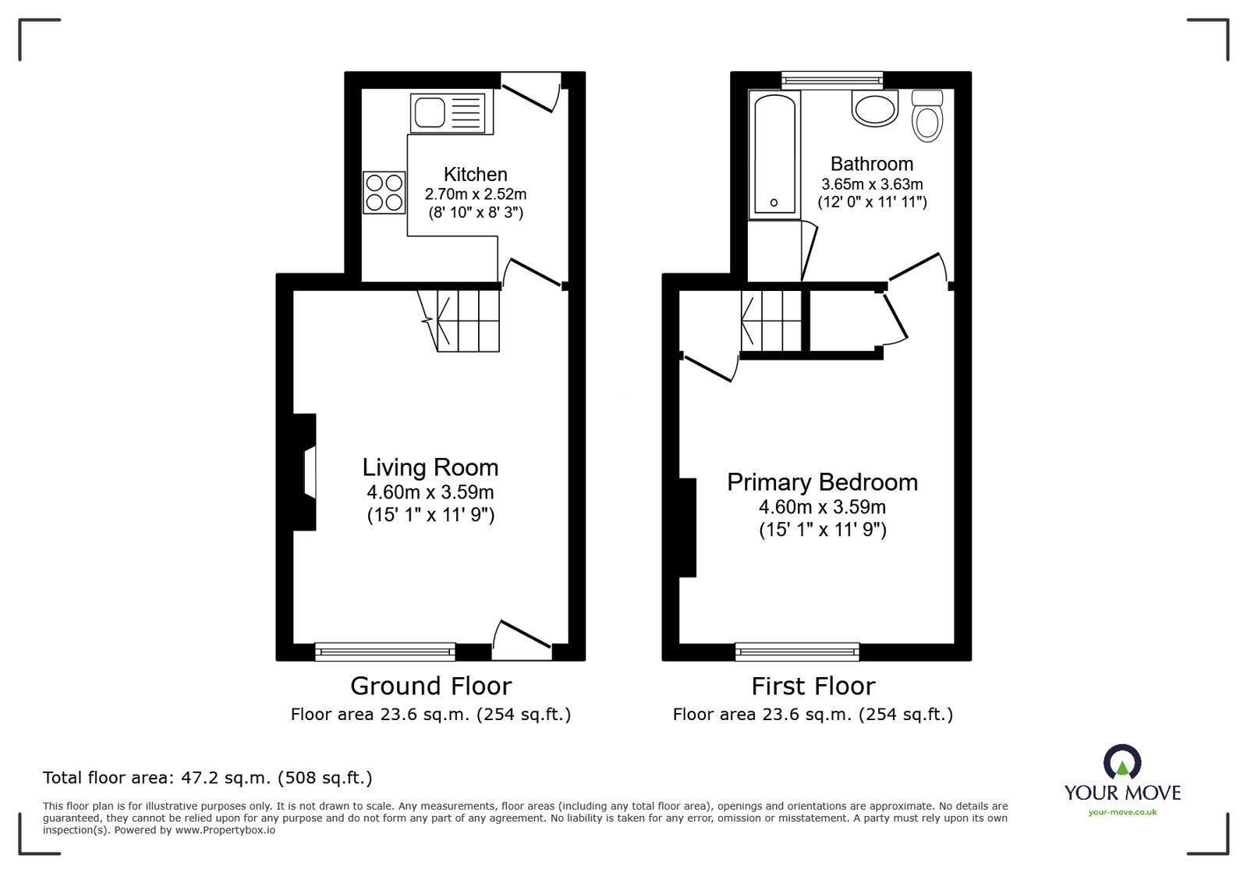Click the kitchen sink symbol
tap(448, 112)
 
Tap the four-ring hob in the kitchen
tap(384, 192)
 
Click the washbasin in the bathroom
tap(875, 108)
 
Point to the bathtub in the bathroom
tap(774, 153)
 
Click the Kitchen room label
tap(475, 174)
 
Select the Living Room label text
tap(430, 467)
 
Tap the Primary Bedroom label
tap(822, 482)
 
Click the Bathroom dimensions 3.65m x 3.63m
tap(871, 185)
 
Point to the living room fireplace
tap(305, 472)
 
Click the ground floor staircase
tap(466, 320)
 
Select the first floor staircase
tap(772, 320)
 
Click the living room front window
tap(384, 651)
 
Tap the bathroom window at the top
tap(832, 78)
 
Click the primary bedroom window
tap(797, 651)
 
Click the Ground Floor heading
tap(430, 686)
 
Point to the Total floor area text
tap(207, 778)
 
